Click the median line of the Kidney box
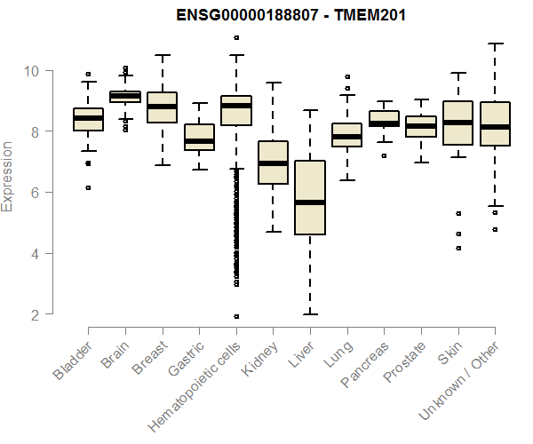[x=273, y=163]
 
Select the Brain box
[x=125, y=96]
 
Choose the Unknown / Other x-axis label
[x=461, y=377]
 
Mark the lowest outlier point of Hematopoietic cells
[x=236, y=316]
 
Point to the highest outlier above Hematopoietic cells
[x=236, y=37]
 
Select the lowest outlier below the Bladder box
[x=88, y=187]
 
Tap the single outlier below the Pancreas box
[x=384, y=155]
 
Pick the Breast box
[x=162, y=107]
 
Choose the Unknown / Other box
[x=494, y=124]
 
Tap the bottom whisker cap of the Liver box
[x=309, y=313]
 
